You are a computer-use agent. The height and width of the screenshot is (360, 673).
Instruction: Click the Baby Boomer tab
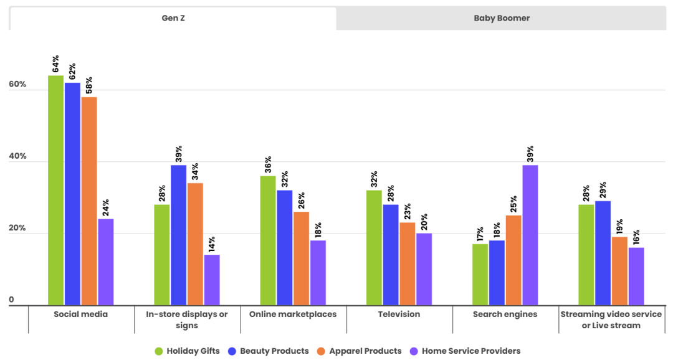point(502,18)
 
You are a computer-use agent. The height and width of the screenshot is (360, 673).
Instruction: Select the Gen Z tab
point(173,18)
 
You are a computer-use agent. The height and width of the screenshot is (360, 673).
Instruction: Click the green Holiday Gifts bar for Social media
point(56,190)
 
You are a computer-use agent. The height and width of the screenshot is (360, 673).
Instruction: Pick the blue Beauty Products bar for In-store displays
point(179,235)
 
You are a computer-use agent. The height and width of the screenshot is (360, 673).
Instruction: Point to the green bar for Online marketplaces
point(268,240)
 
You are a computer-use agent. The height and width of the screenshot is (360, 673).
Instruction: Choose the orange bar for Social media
point(89,201)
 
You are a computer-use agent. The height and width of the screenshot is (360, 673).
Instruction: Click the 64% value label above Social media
point(56,64)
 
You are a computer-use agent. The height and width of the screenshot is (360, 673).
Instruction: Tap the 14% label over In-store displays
point(212,243)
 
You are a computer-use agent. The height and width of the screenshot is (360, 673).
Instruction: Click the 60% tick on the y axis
point(17,84)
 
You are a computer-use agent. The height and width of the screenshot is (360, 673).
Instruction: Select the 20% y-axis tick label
point(17,229)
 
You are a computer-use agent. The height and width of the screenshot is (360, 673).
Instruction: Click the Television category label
point(399,315)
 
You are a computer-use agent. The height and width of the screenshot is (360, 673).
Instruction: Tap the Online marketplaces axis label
point(293,315)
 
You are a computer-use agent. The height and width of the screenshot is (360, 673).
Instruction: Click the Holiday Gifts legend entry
point(187,351)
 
